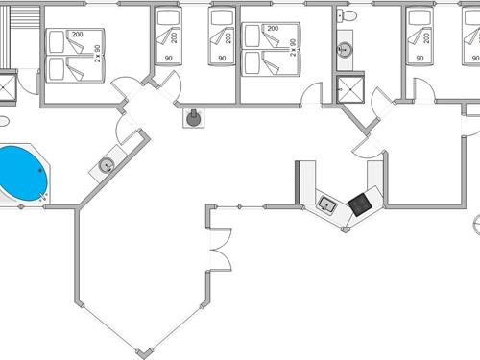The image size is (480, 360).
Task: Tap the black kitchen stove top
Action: pos(359,203)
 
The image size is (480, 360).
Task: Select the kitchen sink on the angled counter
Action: pos(327,204)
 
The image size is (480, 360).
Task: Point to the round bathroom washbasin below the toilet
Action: pos(344,50)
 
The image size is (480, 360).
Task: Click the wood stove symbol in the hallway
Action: pos(195,118)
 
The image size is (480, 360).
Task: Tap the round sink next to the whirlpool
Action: pos(104,167)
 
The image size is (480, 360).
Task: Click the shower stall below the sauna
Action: pos(8,85)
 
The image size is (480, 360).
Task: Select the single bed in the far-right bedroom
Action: pos(420,36)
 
